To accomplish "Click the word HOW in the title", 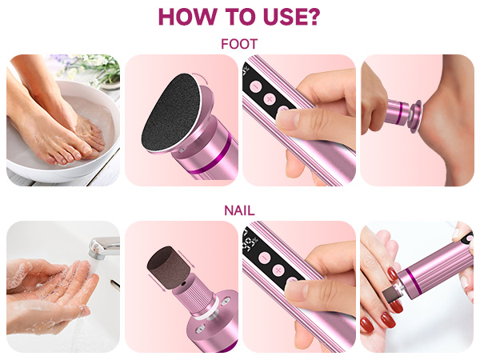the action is tap(188, 17).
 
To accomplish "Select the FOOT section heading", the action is tap(239, 44).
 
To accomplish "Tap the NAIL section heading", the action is tap(239, 210).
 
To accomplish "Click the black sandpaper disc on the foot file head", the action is tap(170, 113).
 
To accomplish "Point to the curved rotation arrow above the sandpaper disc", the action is tap(202, 78).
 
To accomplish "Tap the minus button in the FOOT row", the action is tap(256, 86).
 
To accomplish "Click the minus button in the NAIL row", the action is tap(265, 258).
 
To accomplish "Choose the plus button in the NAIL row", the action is tap(278, 270).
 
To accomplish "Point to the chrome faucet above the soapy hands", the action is tap(103, 246).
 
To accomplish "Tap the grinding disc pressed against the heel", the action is tap(416, 116).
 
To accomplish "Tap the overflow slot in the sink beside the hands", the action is tap(115, 284).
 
